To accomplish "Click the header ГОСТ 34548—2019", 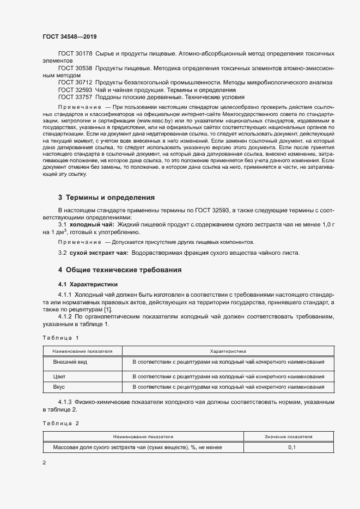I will coord(69,36).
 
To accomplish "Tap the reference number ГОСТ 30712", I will coord(75,82).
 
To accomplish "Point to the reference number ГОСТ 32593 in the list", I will coord(75,89).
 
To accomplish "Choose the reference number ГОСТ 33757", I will coord(75,96).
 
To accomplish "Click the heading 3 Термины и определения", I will coord(107,198).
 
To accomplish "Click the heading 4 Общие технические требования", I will coord(120,270).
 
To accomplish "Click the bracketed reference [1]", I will coord(106,310).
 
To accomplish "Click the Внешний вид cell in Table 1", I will coord(70,362).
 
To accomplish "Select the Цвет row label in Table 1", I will coord(59,376).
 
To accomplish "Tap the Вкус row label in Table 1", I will coord(59,387).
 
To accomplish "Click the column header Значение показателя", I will coord(288,437).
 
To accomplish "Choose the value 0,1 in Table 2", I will coord(292,447).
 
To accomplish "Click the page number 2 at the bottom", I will coord(44,463).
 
